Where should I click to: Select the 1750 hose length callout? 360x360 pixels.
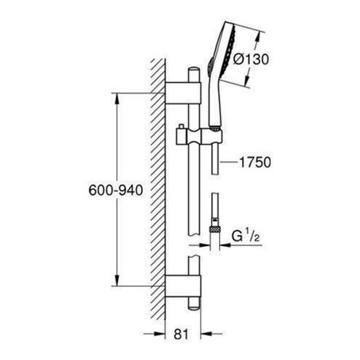(256, 162)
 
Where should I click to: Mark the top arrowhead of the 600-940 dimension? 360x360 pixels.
(117, 100)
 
